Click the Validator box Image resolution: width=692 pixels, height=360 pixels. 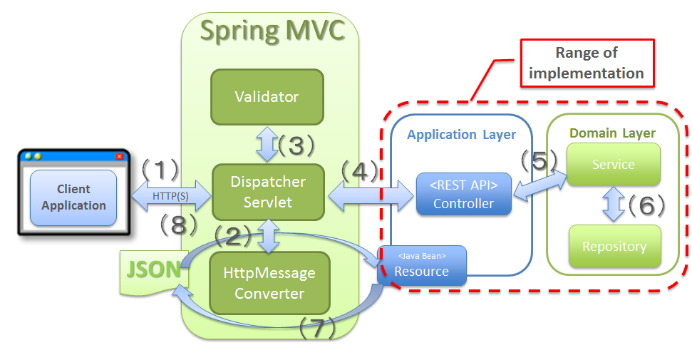[267, 96]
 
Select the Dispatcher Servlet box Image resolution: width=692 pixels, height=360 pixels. [268, 192]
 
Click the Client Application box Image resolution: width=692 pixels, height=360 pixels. [73, 197]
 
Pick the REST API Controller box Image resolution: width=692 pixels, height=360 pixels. [463, 194]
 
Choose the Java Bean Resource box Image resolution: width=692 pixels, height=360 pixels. [422, 265]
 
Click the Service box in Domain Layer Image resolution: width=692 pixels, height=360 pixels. [613, 165]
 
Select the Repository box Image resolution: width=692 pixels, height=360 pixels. [614, 247]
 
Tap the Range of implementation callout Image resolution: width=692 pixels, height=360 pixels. [586, 63]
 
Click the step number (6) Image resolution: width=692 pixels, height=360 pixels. [645, 205]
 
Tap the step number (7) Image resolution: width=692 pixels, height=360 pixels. [319, 329]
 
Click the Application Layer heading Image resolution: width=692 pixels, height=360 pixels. [461, 134]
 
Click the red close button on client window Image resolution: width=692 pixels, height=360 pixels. [119, 156]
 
